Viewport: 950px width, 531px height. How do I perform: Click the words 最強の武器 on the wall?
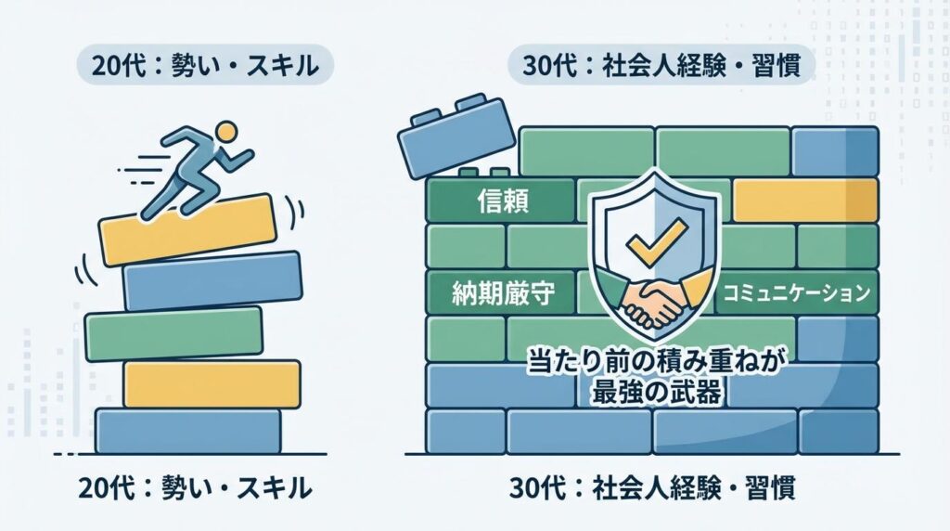point(656,391)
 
